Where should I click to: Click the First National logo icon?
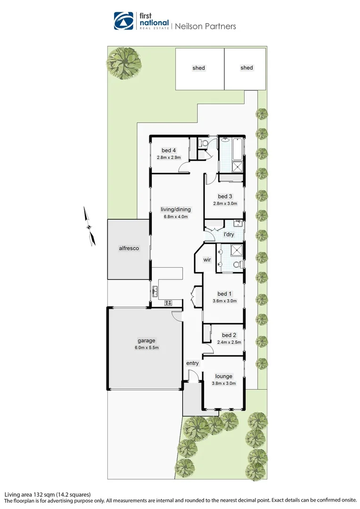124,21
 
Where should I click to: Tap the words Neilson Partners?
205,26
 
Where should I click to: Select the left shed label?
199,68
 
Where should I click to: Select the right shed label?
247,68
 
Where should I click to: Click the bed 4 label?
169,151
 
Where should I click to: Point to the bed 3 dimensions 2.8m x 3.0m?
225,204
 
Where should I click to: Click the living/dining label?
175,210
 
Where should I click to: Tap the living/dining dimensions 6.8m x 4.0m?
175,217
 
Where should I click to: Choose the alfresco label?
129,248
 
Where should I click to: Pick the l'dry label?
229,234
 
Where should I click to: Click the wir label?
206,260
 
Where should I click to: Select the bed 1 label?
225,294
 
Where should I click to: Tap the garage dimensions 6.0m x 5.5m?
147,348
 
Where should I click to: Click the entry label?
193,363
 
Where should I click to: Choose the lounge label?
224,376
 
